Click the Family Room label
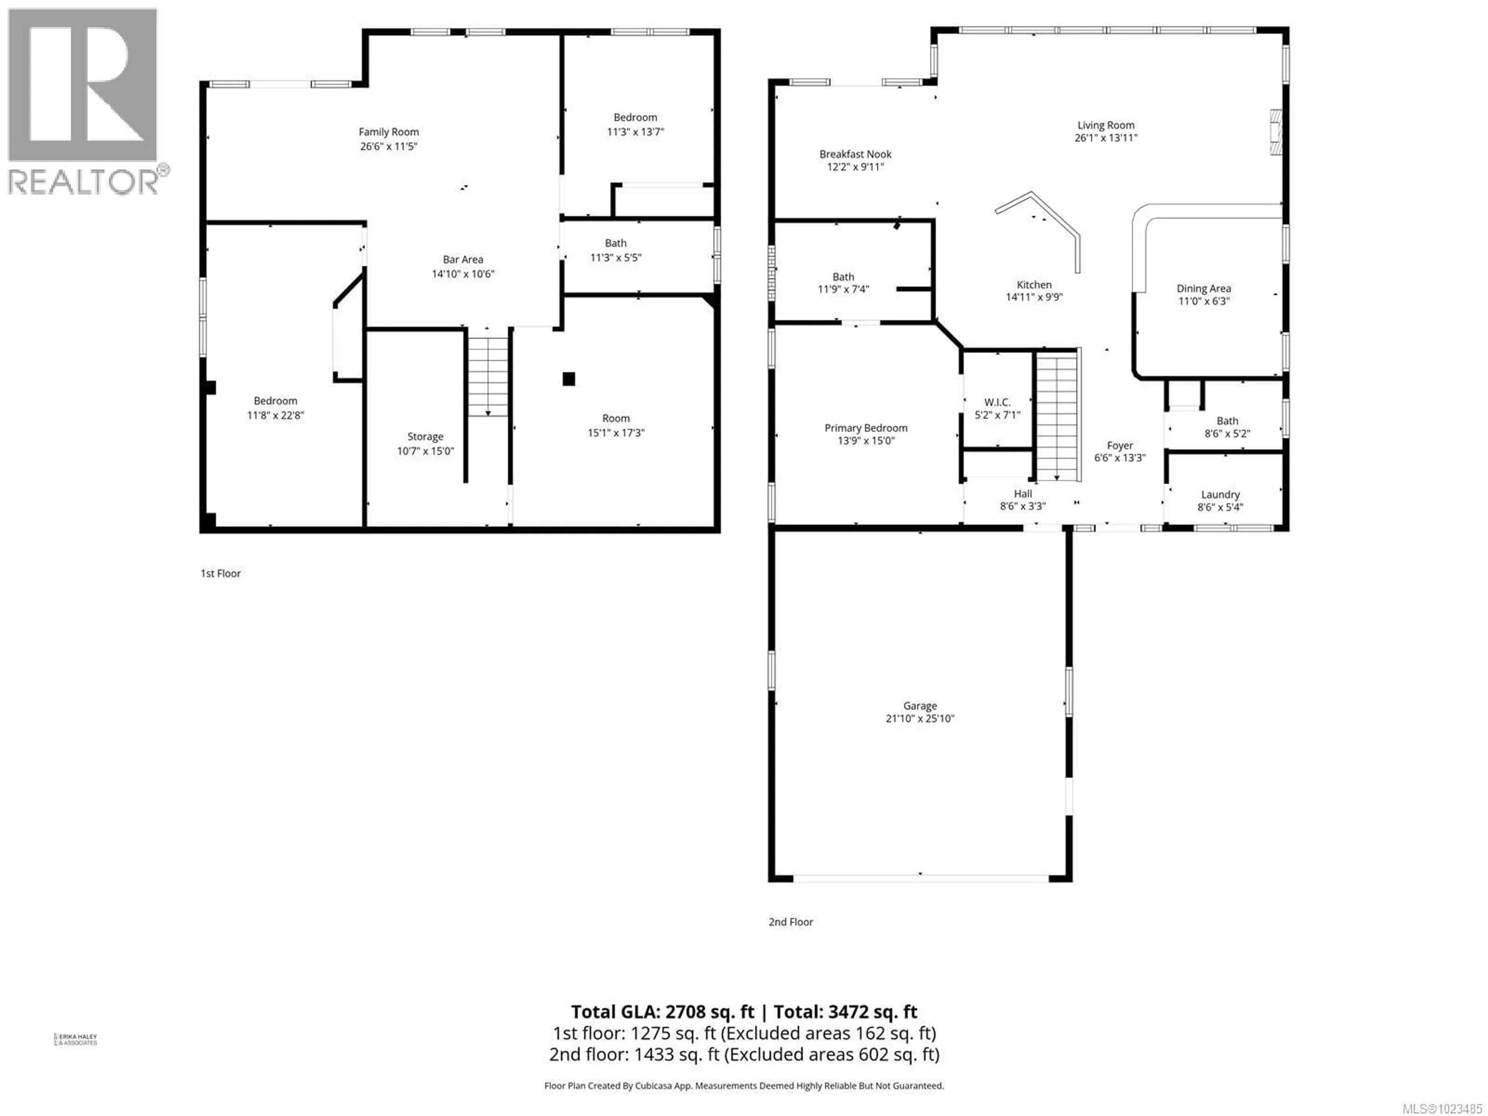(388, 132)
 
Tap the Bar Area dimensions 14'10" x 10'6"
(463, 274)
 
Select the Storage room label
(425, 437)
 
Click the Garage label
(920, 706)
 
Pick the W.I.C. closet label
(997, 402)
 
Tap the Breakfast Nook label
(855, 154)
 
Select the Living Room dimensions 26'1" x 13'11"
(1106, 138)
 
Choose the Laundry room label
(1220, 494)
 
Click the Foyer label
(1119, 445)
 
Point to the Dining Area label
(1204, 289)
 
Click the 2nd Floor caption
(790, 921)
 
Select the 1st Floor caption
(220, 573)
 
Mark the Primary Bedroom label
(866, 428)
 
